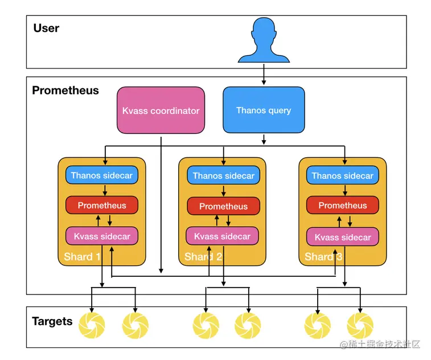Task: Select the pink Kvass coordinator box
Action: [161, 111]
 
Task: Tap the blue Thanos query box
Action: [264, 110]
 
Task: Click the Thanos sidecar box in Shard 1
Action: [102, 175]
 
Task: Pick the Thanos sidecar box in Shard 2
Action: [224, 175]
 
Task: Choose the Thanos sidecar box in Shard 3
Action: [343, 175]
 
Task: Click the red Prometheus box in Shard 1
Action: [102, 205]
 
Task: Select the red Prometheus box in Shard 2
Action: [224, 206]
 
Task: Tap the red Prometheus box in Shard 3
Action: [343, 205]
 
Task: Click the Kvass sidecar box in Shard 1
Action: [102, 236]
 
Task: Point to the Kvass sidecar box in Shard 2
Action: [222, 236]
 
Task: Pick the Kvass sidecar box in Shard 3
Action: [343, 237]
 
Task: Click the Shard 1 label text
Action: [82, 256]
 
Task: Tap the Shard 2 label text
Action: [203, 256]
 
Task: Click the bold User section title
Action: [46, 28]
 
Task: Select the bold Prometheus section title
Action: [65, 90]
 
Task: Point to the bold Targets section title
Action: [52, 321]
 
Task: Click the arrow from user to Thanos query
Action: [264, 74]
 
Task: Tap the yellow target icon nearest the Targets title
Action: [92, 325]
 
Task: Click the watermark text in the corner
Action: [380, 344]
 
